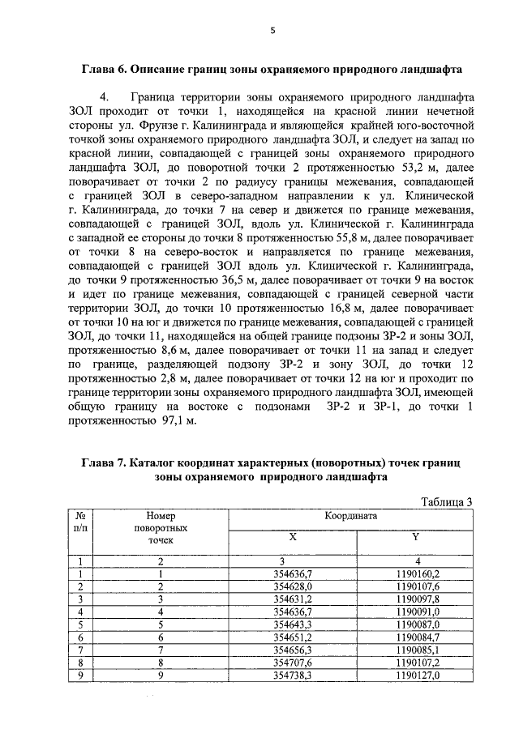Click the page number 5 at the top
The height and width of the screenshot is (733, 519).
click(x=273, y=31)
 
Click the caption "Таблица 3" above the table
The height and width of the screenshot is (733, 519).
click(x=445, y=501)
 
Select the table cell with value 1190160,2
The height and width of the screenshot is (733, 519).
click(x=414, y=573)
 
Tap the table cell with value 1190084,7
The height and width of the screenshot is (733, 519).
click(x=414, y=637)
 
